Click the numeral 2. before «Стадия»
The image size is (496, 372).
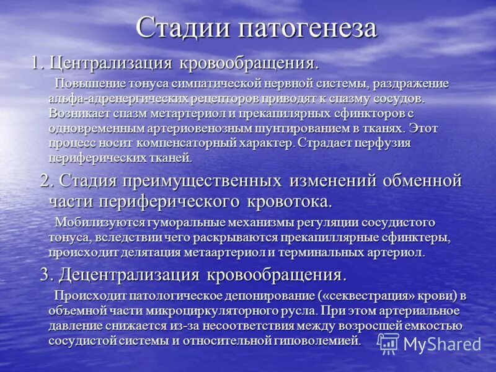[47, 181]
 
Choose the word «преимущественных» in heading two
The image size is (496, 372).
[207, 181]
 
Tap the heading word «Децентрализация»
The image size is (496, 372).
[123, 274]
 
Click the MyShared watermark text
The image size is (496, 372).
[441, 343]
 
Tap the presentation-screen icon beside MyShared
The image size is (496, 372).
[388, 343]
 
